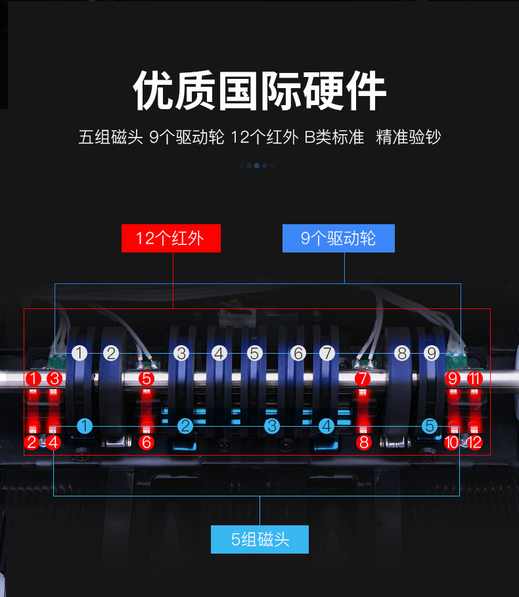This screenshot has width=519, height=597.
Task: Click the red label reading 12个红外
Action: click(x=171, y=238)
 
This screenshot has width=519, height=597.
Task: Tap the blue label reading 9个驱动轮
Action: click(x=338, y=238)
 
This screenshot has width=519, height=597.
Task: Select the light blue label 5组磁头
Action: click(x=259, y=540)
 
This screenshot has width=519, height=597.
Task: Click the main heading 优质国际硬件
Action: click(x=259, y=92)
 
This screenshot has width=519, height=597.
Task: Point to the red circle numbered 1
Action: click(x=33, y=379)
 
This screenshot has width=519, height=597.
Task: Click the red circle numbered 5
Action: click(x=147, y=379)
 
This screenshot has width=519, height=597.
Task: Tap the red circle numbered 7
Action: click(x=362, y=379)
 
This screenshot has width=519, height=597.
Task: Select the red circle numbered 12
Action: click(x=474, y=442)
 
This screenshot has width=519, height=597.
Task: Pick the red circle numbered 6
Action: click(x=147, y=442)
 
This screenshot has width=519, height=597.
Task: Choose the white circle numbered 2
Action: click(x=111, y=354)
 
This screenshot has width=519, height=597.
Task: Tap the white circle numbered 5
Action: click(x=254, y=354)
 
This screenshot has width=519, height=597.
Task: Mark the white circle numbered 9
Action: click(x=431, y=354)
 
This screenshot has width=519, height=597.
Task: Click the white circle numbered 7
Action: click(x=327, y=354)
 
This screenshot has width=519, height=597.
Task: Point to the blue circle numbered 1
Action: click(x=84, y=425)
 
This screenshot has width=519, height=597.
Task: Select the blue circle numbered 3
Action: click(x=271, y=425)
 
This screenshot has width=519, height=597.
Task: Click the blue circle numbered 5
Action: click(x=430, y=425)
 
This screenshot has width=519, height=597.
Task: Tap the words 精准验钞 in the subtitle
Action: click(x=408, y=137)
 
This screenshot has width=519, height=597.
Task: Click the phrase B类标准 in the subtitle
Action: click(x=334, y=137)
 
